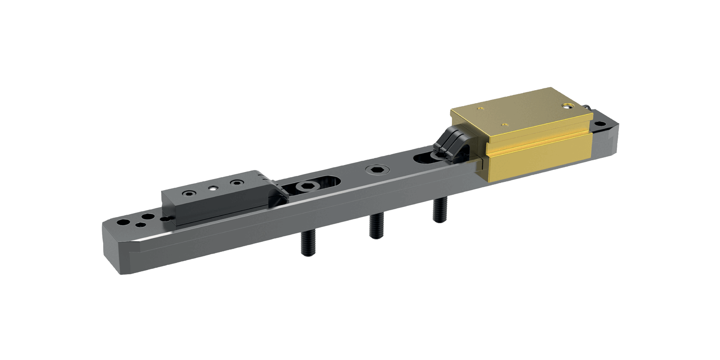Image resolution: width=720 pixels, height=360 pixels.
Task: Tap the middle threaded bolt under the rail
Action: point(375,226)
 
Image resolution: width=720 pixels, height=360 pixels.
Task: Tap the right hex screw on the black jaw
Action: point(235,183)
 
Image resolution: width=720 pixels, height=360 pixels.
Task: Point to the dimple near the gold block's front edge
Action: point(503,125)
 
